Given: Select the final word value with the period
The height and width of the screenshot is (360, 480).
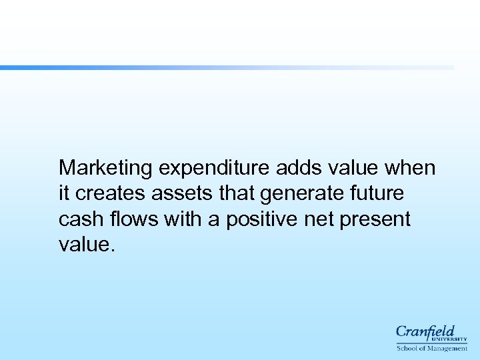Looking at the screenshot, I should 87,245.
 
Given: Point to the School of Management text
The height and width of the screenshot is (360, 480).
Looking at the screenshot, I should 431,348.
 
